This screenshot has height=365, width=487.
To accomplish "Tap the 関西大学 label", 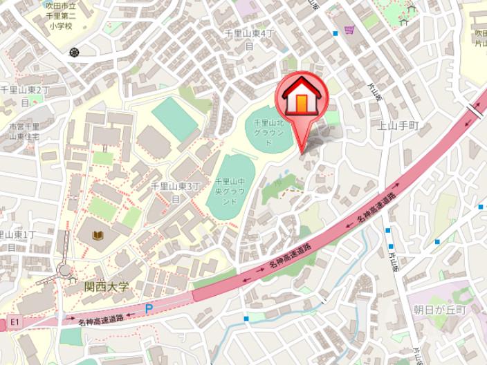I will point(107,286).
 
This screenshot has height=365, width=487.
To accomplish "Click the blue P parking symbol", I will point(149,309).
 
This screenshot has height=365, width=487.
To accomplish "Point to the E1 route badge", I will point(15,322).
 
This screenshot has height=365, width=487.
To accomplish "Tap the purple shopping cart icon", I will point(349,30).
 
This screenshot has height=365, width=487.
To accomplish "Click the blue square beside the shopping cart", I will point(335,33).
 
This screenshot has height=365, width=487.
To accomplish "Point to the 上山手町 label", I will point(399,125).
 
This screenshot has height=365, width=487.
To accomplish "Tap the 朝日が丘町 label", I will point(440,309).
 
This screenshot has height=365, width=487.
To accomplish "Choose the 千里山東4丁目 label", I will point(249,39).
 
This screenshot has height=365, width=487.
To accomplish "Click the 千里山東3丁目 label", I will point(176,191).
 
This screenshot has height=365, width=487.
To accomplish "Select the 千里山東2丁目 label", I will point(24,96).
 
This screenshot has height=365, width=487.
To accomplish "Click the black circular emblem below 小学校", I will point(74,52).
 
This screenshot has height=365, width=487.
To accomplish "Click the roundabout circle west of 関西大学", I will point(64,270).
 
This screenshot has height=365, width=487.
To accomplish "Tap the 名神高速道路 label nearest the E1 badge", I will point(100,318).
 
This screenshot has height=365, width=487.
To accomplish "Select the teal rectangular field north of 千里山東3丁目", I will point(174,118).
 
